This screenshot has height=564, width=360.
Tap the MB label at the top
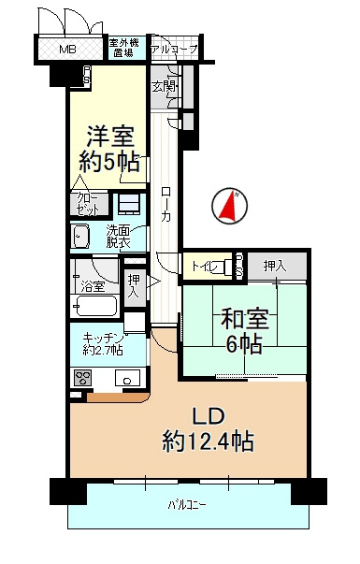(68, 50)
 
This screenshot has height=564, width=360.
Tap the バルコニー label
(187, 506)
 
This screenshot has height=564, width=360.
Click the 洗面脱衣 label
(117, 237)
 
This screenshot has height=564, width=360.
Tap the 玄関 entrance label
(164, 87)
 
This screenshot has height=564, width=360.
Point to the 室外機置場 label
(125, 48)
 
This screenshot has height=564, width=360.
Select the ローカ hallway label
(165, 200)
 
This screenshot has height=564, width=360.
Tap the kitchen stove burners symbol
(82, 379)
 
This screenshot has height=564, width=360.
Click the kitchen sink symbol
(126, 378)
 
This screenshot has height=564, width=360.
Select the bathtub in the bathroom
(94, 307)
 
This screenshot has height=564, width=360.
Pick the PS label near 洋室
(87, 75)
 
